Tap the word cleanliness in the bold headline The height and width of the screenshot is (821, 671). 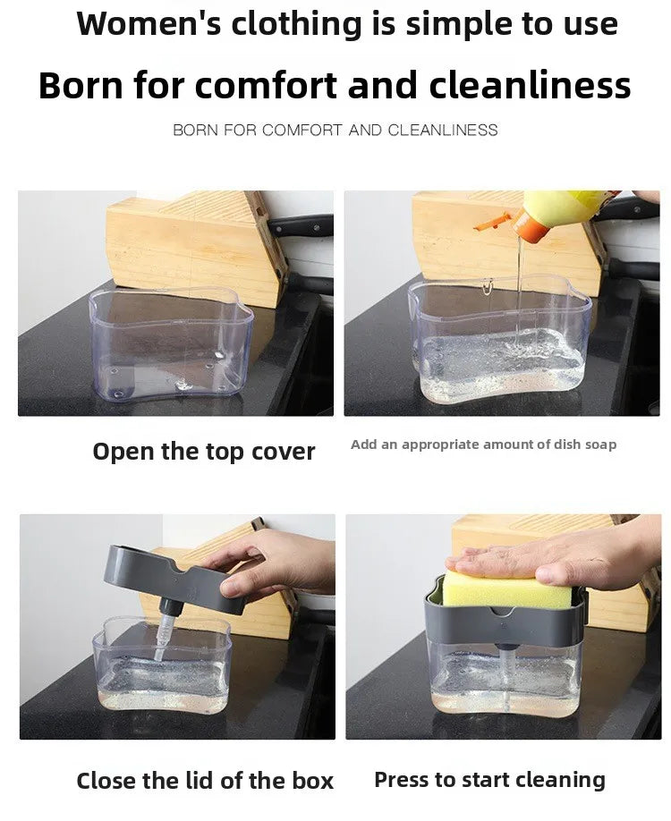(x=530, y=86)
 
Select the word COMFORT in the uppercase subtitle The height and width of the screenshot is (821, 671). (x=302, y=131)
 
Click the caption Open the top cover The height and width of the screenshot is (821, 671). (x=204, y=452)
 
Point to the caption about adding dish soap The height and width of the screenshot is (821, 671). (x=483, y=444)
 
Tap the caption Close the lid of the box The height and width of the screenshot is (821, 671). (x=205, y=781)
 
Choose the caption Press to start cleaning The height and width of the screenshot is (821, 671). (x=489, y=780)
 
